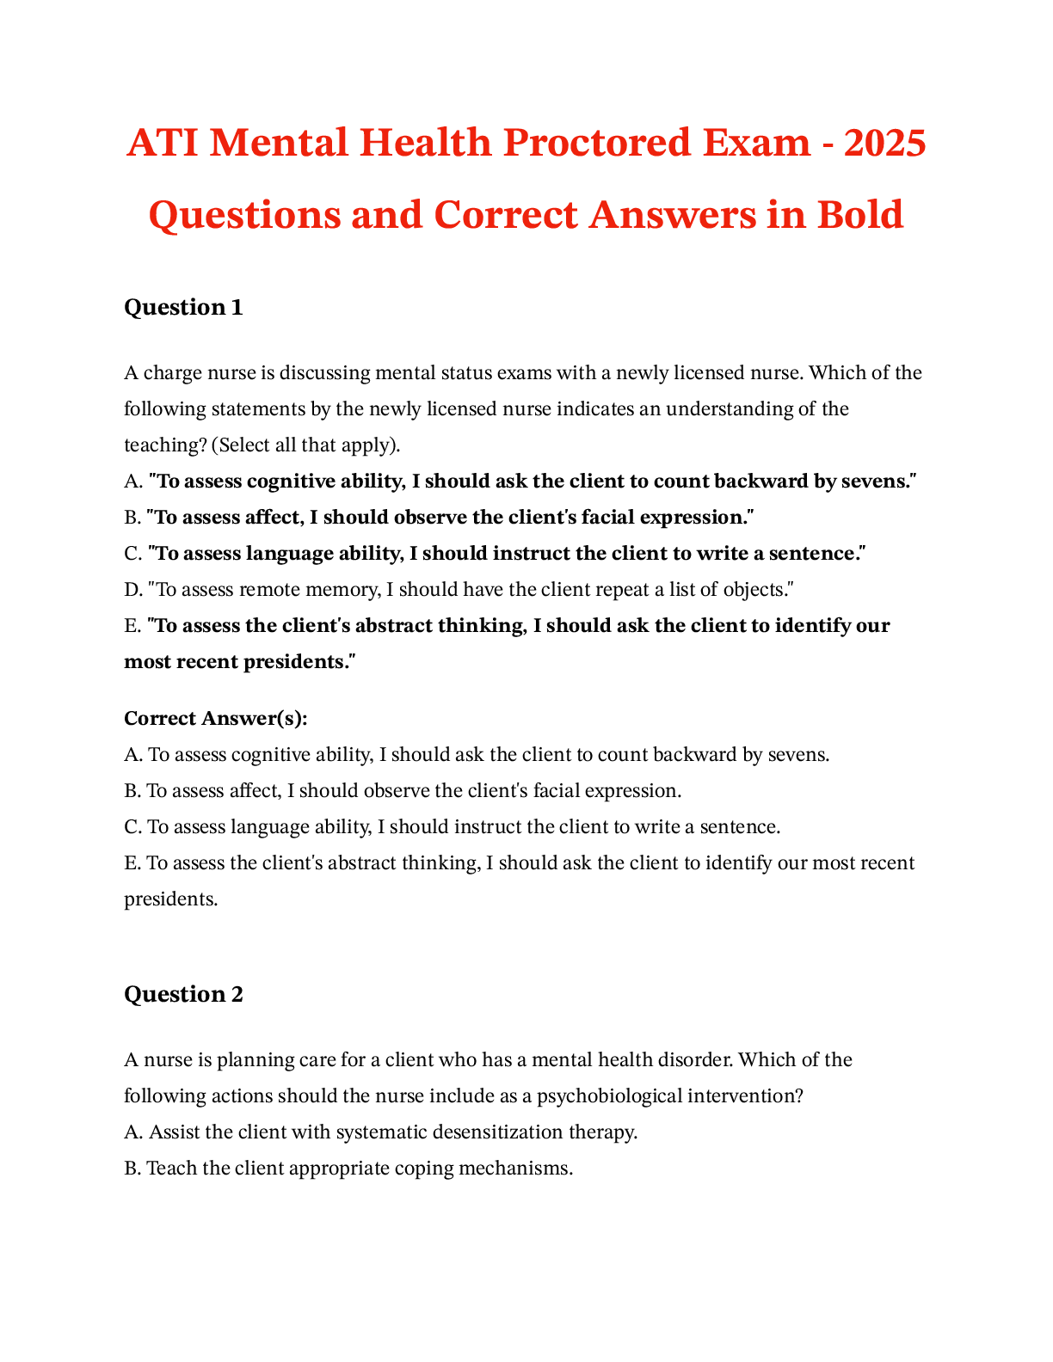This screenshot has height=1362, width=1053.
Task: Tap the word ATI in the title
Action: click(163, 143)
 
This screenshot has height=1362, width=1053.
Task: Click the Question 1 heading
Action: click(183, 308)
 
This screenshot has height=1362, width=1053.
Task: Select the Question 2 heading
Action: click(183, 995)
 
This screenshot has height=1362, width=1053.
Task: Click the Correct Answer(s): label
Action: click(216, 718)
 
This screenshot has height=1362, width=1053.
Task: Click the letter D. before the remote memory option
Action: click(133, 590)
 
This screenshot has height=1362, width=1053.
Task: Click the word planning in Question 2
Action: click(256, 1060)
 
